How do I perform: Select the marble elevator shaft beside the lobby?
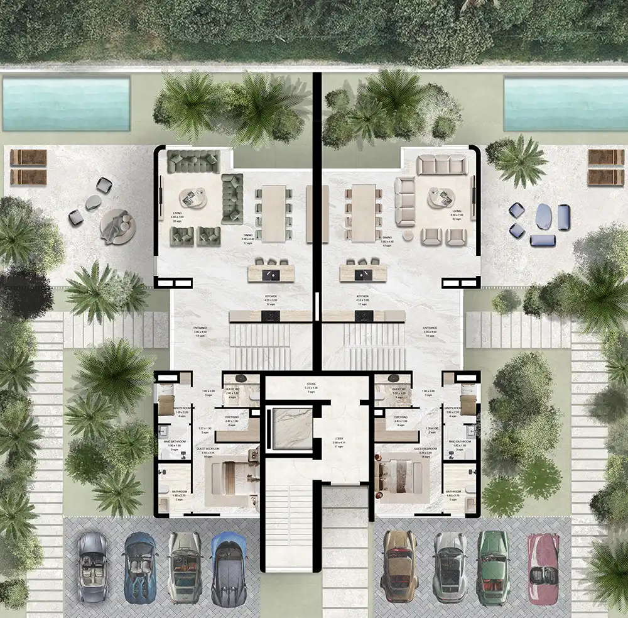point(290,429)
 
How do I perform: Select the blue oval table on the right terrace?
point(544,217)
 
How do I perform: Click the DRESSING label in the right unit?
point(401,417)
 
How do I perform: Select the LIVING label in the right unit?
point(456,214)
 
